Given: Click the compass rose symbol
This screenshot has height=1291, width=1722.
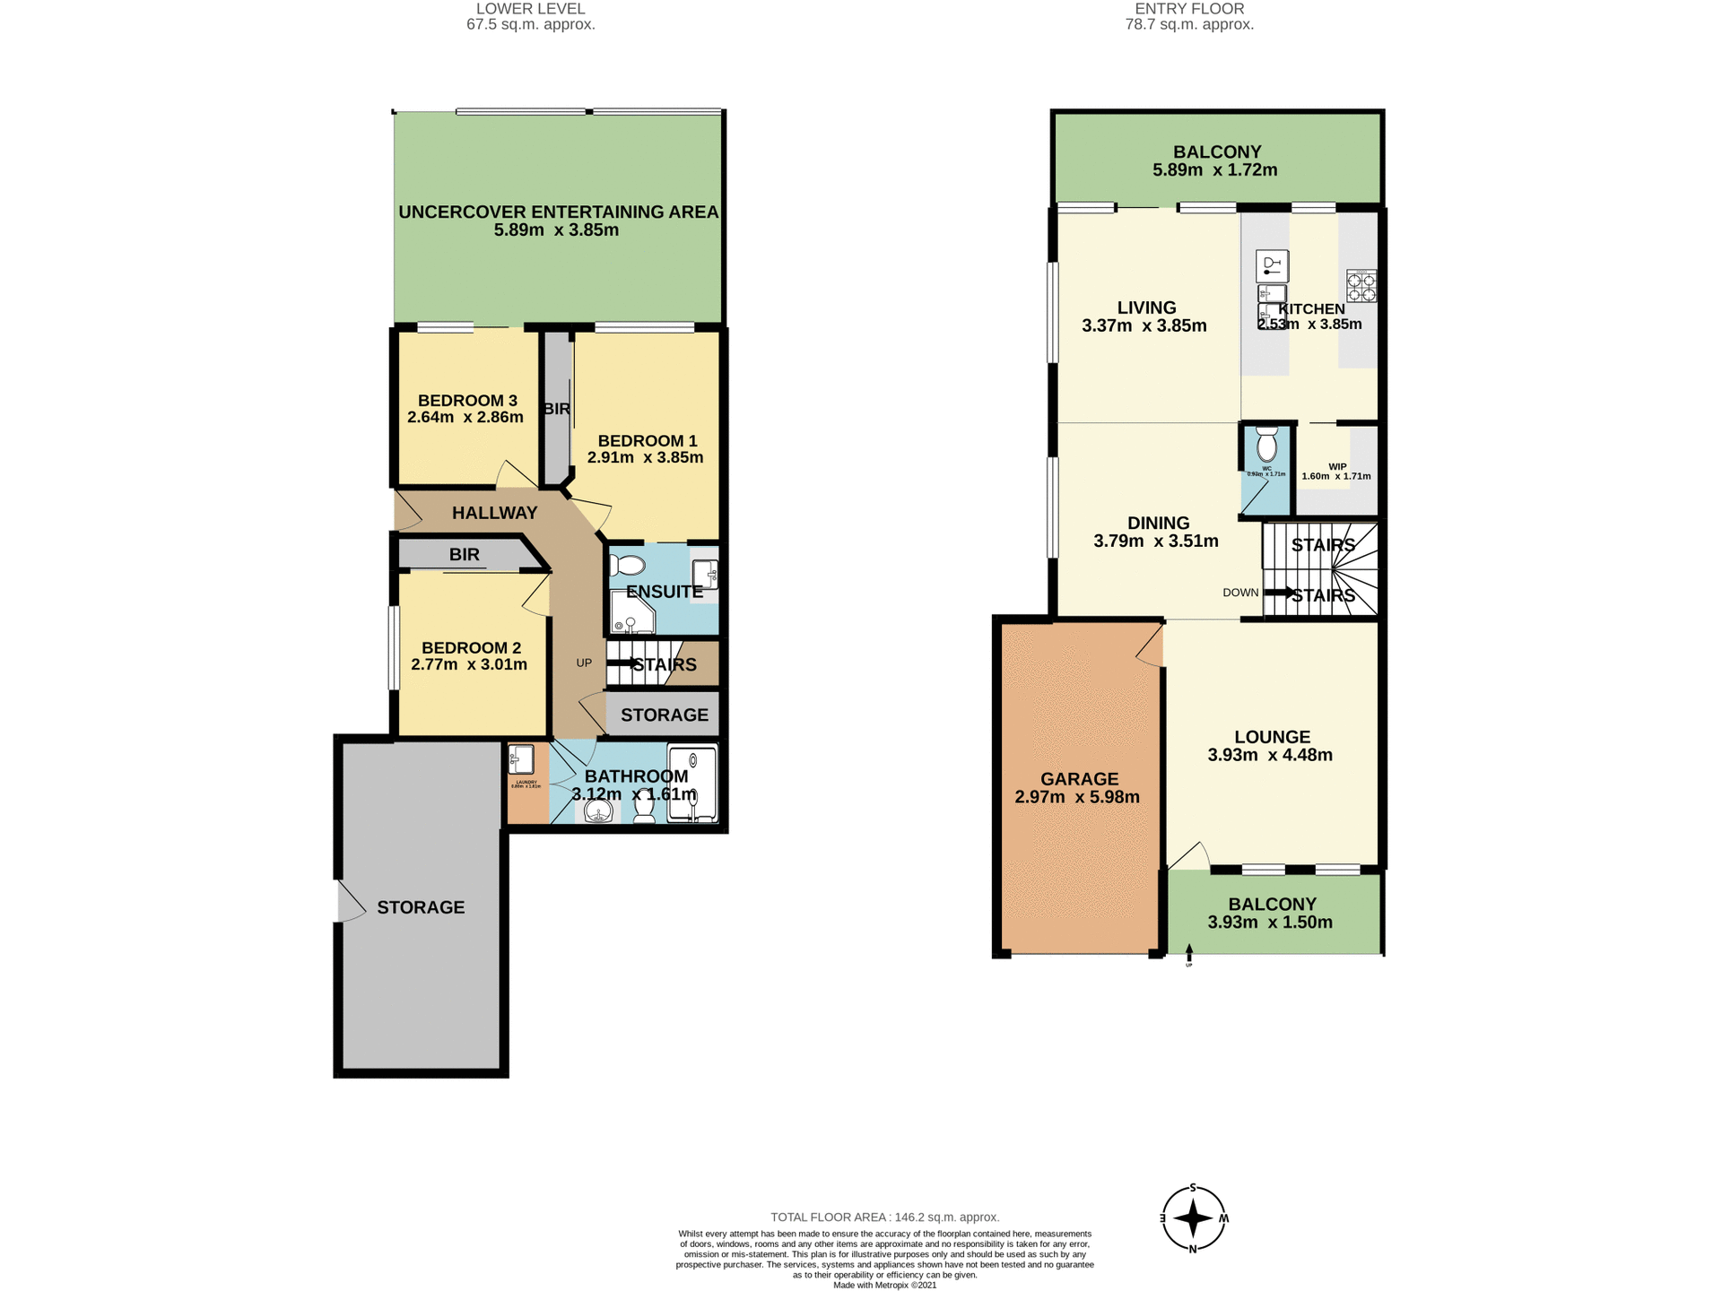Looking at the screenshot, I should (1193, 1218).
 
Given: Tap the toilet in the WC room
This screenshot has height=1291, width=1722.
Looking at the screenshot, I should (1266, 445).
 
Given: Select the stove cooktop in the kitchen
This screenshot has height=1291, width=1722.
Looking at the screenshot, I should (1361, 286).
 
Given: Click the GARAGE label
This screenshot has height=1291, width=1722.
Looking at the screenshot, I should (1079, 779).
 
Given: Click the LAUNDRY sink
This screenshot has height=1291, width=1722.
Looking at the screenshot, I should (522, 760).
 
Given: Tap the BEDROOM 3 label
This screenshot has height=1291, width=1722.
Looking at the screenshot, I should (467, 401).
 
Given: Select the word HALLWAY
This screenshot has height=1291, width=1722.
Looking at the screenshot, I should (494, 513).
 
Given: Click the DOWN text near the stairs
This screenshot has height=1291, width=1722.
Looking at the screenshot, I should (1240, 593).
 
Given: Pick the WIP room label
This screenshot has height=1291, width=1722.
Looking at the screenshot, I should (1337, 467).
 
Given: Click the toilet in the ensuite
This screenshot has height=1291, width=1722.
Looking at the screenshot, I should (627, 566).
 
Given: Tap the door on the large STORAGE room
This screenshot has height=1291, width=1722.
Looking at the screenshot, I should (350, 902).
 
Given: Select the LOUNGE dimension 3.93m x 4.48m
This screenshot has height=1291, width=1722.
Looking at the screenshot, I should (1270, 755).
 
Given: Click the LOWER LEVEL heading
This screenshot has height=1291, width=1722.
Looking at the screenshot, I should (530, 9).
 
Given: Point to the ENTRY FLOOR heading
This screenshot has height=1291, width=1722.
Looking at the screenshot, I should (1189, 9).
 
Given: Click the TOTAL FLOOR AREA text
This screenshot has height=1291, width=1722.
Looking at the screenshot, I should (884, 1217).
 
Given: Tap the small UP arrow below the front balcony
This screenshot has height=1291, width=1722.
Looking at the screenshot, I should (1189, 954).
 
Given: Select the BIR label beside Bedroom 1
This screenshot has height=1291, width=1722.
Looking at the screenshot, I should (556, 409).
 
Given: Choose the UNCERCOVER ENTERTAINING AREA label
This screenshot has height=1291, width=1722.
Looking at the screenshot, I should (558, 212).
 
